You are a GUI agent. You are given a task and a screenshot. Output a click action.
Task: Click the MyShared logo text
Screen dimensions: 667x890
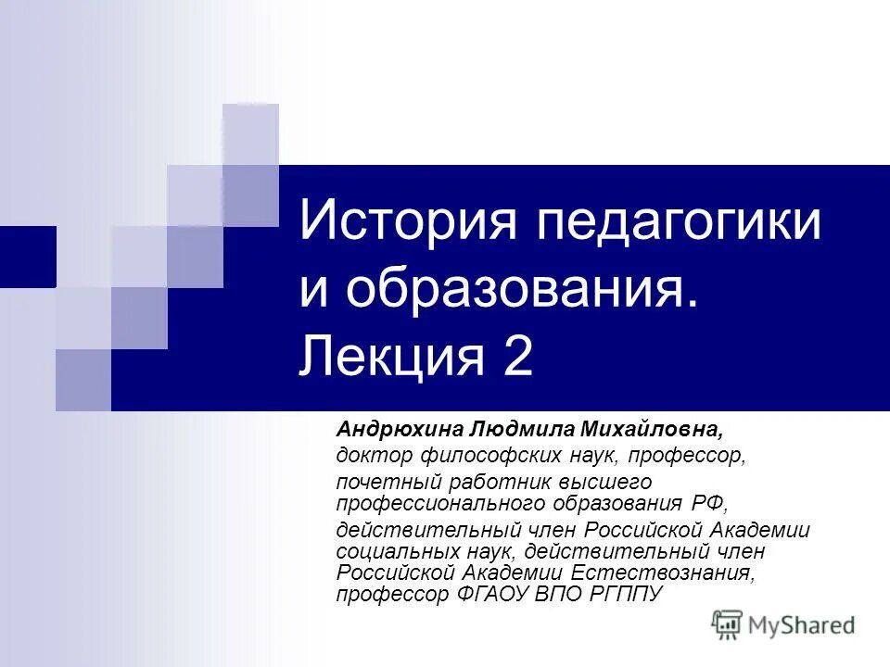(803, 625)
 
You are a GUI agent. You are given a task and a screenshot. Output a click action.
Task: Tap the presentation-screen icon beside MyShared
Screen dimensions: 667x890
(728, 625)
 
